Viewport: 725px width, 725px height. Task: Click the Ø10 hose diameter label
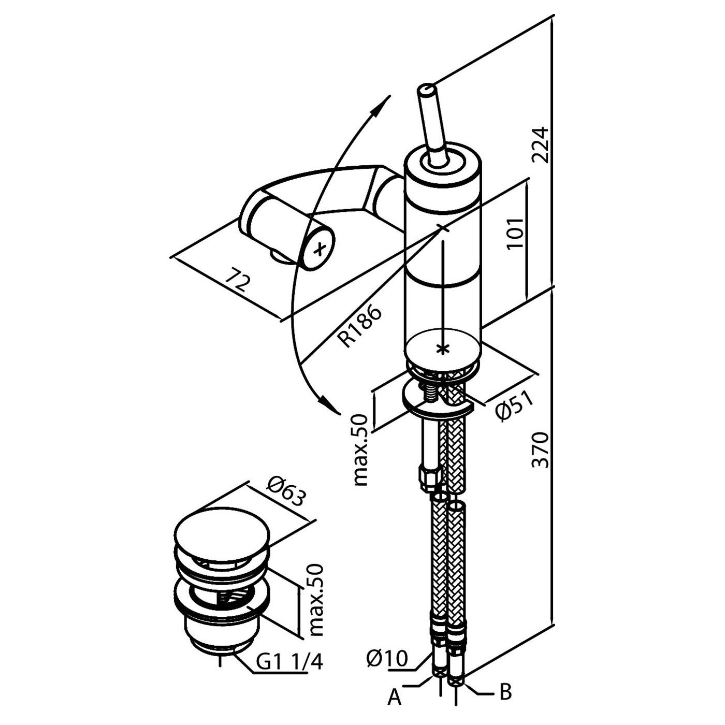click(387, 658)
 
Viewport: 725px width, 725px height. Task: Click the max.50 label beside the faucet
click(360, 450)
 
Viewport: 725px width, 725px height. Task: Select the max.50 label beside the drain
click(315, 600)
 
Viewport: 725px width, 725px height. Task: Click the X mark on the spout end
click(320, 249)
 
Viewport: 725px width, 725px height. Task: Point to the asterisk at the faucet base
click(442, 349)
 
